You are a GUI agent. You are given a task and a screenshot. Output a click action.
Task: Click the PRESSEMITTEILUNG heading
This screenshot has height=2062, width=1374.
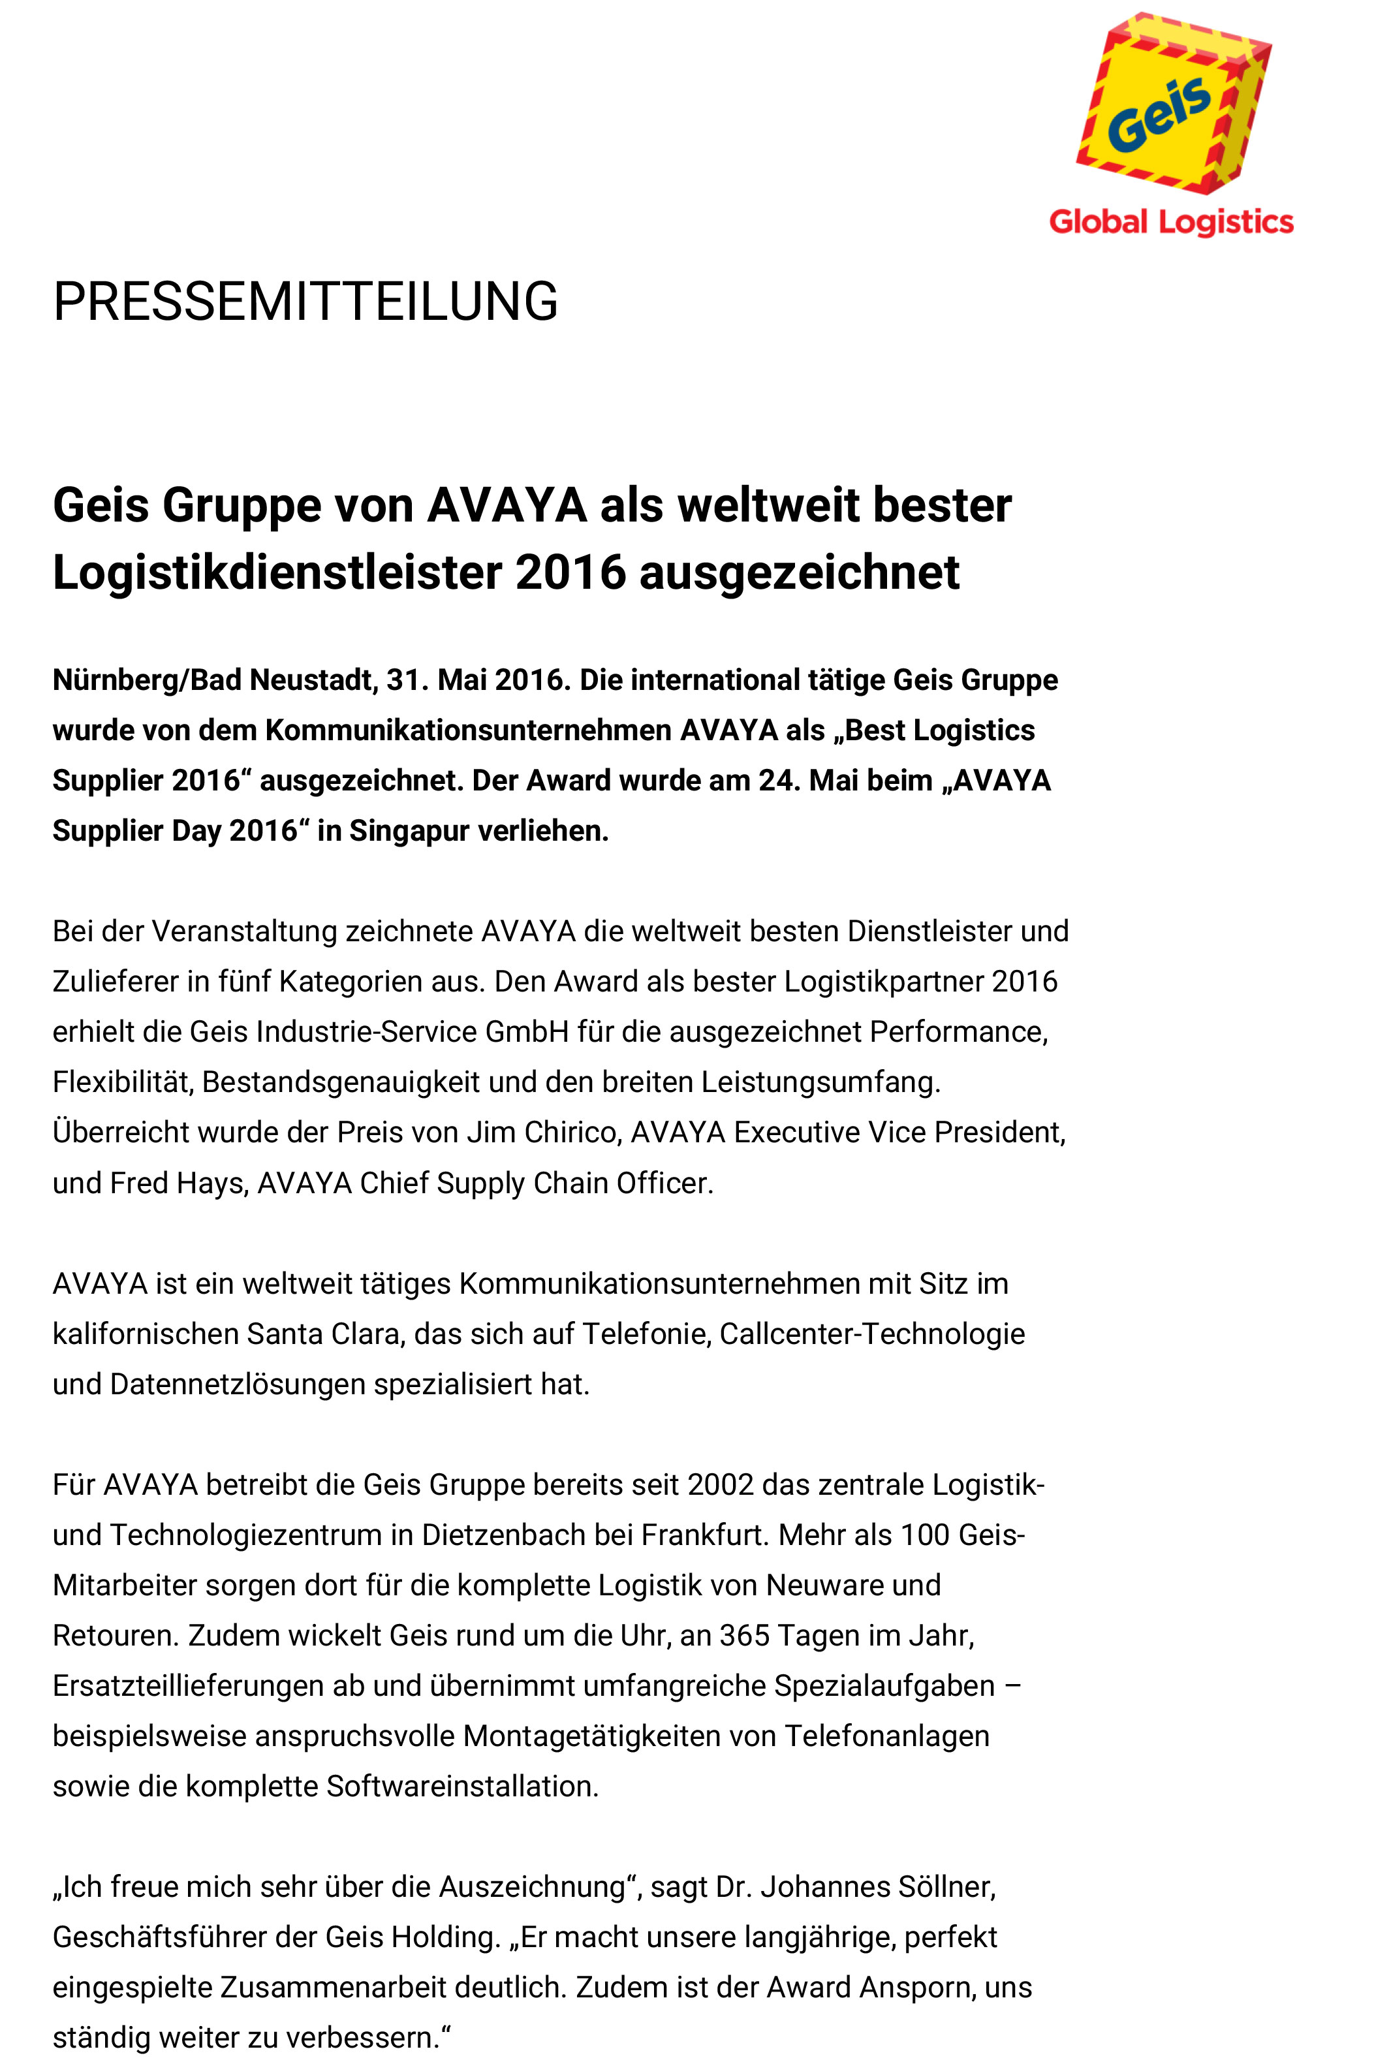pos(305,302)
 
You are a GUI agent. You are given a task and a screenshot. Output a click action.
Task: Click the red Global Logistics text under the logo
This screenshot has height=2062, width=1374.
pos(1171,223)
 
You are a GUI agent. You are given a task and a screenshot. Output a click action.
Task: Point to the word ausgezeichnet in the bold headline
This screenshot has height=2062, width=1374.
pos(799,573)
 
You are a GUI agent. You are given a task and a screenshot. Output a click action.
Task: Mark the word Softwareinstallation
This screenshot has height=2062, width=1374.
pos(461,1786)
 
